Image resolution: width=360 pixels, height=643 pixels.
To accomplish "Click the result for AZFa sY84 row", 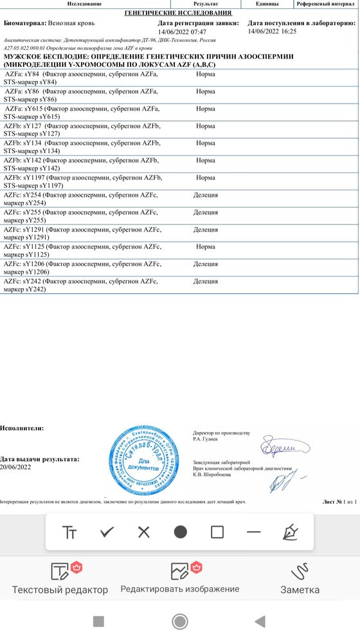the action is pos(205,75).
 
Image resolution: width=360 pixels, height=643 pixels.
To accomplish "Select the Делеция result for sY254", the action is pos(205,195).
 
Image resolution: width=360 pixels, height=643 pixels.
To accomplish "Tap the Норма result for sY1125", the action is pos(205,246).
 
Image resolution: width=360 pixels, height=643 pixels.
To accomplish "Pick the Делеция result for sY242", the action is pos(205,281).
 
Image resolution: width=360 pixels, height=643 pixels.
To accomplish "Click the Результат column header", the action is pos(205,4).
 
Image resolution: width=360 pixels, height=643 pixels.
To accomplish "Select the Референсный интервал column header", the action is pos(327,4).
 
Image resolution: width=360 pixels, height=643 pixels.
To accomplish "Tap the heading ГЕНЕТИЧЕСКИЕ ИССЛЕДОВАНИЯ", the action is pos(177,13).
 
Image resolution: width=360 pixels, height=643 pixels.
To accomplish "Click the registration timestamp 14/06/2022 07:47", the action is pos(182,32).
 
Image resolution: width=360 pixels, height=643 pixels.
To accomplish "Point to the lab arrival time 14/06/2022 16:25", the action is pos(272,32).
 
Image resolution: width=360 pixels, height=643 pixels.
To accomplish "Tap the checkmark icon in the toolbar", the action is pos(107,532).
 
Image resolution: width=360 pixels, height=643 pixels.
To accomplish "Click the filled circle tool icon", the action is pos(181,532).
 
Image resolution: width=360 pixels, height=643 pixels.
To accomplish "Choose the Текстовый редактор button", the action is pos(60,579).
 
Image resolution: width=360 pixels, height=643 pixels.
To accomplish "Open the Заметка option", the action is pos(300,579).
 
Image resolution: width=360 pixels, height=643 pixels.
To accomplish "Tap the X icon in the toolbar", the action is pos(143,532).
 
